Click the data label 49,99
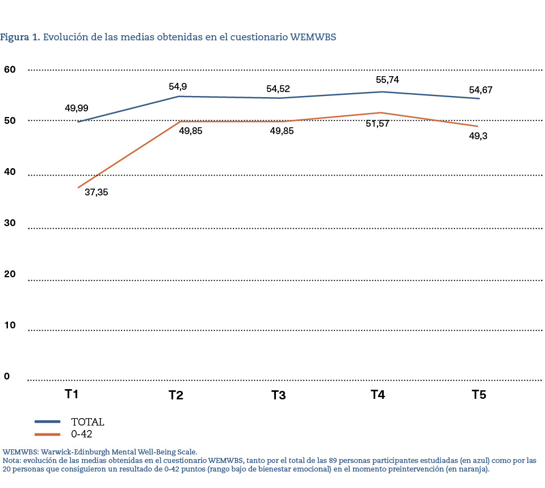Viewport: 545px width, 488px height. (x=77, y=108)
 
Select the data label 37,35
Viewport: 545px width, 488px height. (x=96, y=192)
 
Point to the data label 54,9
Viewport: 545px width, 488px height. (x=178, y=86)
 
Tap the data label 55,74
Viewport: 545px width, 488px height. (x=387, y=80)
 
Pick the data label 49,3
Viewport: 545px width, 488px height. (x=478, y=136)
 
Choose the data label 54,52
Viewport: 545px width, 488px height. (x=278, y=89)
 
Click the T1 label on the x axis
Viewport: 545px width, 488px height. (x=71, y=394)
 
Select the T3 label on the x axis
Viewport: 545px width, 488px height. (x=278, y=395)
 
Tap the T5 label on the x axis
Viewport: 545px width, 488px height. (x=479, y=395)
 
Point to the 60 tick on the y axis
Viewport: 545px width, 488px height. (x=10, y=69)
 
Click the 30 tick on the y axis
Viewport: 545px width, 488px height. (x=10, y=224)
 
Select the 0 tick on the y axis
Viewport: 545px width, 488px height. (x=7, y=376)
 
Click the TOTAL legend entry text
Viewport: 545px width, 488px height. (x=87, y=422)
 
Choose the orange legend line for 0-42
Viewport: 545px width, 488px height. (x=48, y=435)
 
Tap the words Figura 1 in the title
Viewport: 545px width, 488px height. (x=19, y=37)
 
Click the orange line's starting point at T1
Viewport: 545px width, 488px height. (x=78, y=187)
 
